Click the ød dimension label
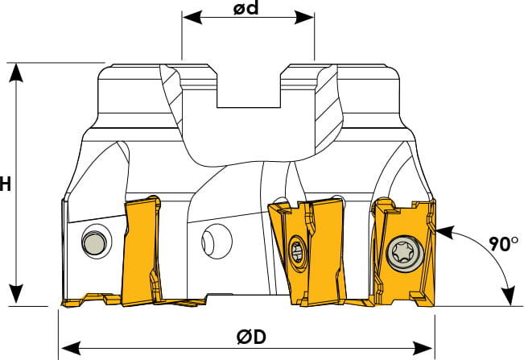246,8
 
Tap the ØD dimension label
252,337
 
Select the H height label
5,184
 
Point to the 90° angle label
504,244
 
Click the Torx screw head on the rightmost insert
404,253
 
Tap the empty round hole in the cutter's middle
217,242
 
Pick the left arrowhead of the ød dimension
192,17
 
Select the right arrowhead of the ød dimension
304,17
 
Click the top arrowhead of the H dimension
16,72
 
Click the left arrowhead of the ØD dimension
71,348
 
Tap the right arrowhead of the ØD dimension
423,348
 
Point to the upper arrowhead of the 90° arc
445,231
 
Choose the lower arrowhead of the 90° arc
510,296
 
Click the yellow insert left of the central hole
140,250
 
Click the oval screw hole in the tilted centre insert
297,252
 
